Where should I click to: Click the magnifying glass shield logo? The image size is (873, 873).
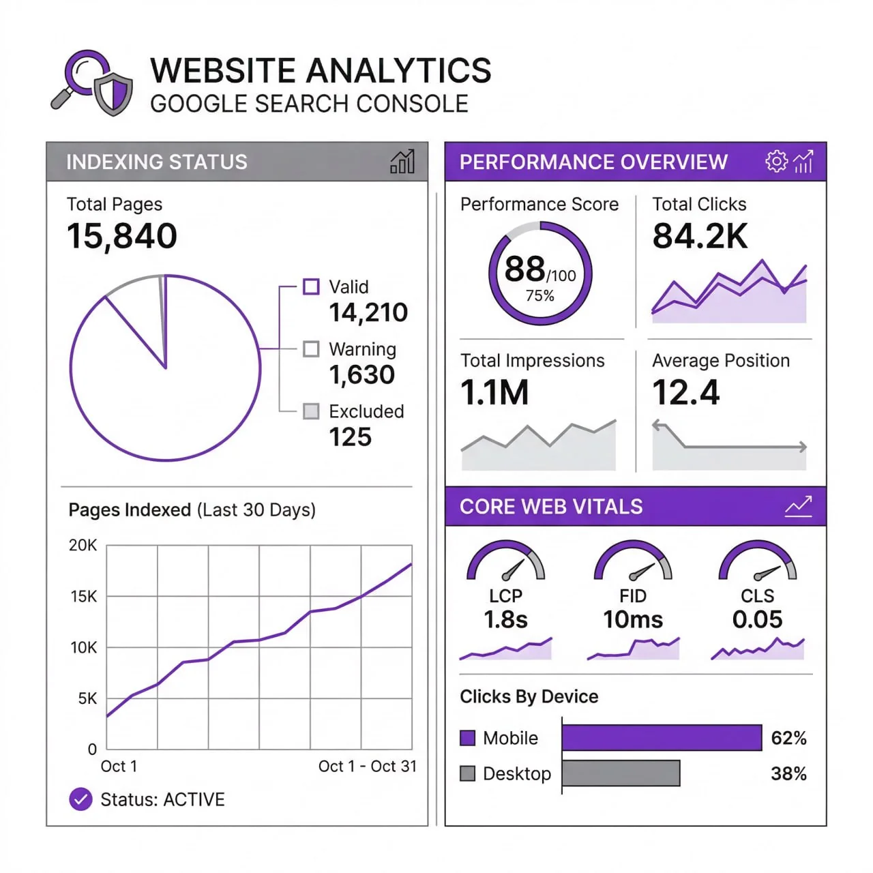(x=92, y=83)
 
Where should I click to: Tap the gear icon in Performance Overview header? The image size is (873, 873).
(x=776, y=162)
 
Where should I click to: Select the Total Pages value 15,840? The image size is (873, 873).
(x=122, y=236)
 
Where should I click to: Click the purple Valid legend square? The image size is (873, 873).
(x=311, y=286)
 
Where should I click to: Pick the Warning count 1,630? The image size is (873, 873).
(x=361, y=374)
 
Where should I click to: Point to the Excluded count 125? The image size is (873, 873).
(x=351, y=436)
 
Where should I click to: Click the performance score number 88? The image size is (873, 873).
(x=524, y=269)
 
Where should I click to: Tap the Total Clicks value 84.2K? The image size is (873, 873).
(x=700, y=236)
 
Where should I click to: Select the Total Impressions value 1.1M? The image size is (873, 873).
(x=494, y=392)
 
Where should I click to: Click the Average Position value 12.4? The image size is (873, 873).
(x=685, y=392)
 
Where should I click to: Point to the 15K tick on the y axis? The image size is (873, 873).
(x=84, y=597)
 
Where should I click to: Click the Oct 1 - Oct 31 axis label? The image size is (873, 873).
(x=367, y=767)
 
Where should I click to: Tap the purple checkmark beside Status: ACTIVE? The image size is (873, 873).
(x=80, y=799)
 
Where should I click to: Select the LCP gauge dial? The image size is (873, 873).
(x=505, y=562)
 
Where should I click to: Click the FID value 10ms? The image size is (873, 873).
(x=633, y=619)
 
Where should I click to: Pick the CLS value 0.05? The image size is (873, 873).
(x=757, y=619)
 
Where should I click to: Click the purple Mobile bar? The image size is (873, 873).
(x=662, y=738)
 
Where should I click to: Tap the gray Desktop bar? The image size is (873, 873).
(x=621, y=773)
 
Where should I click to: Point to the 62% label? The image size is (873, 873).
(x=788, y=738)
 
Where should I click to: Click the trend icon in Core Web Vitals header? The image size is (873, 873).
(x=798, y=506)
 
